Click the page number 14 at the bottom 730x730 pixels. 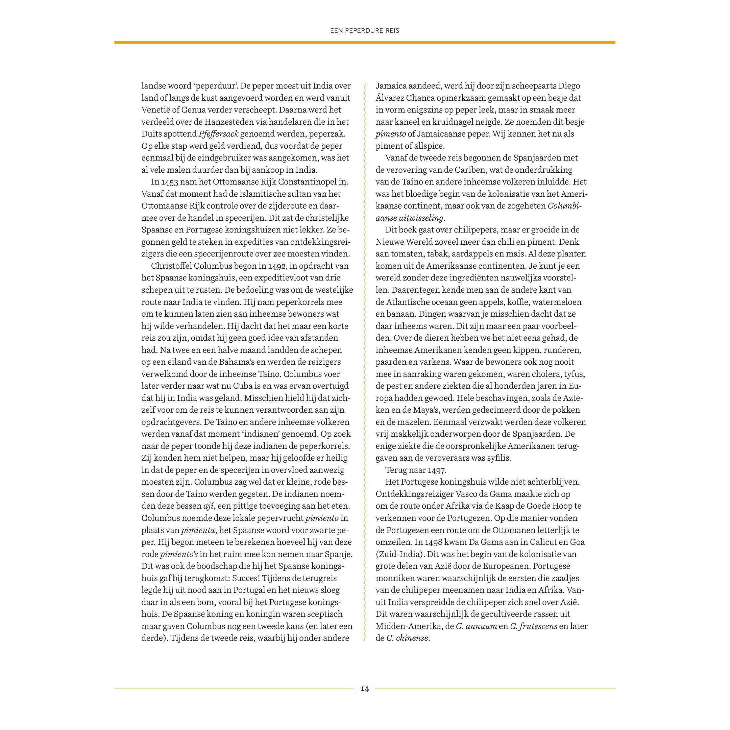click(364, 689)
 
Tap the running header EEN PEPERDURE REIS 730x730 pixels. click(365, 31)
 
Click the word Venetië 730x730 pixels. click(156, 110)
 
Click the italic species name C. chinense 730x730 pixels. click(407, 638)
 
